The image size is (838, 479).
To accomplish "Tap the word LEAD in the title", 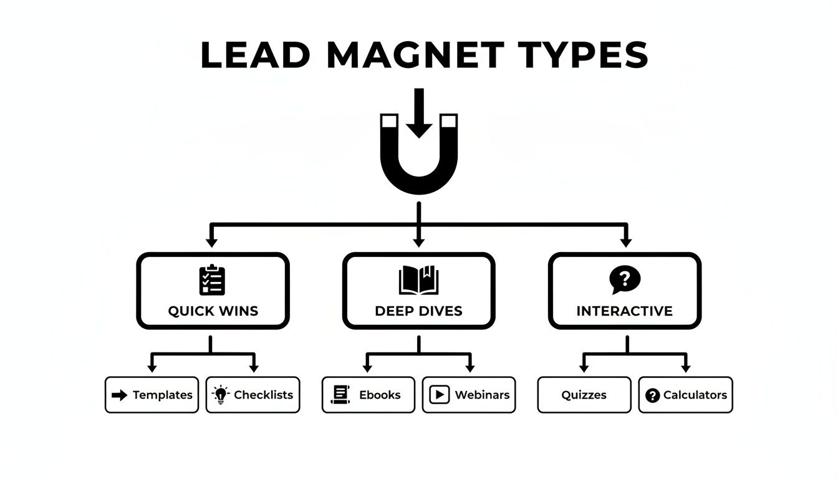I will (256, 55).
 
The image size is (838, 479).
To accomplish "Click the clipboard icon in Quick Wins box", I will (212, 280).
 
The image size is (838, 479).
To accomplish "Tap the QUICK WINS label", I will (213, 311).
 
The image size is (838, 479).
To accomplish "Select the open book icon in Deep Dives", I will (418, 281).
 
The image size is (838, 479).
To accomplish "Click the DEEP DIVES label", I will (418, 311).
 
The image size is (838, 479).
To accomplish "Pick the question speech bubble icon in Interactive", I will (625, 279).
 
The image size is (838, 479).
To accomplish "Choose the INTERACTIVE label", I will (624, 311).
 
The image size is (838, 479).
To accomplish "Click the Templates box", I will (152, 395).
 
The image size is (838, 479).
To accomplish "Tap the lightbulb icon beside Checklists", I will (220, 395).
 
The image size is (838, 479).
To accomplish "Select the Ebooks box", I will (368, 395).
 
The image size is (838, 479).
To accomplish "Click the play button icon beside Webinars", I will (440, 395).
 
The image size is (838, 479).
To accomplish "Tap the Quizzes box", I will (584, 395).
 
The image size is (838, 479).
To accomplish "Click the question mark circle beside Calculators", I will (652, 395).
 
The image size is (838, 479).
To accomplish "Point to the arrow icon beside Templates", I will (119, 395).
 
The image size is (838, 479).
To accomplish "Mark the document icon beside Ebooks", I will (340, 395).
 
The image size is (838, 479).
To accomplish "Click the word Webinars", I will (482, 395).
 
